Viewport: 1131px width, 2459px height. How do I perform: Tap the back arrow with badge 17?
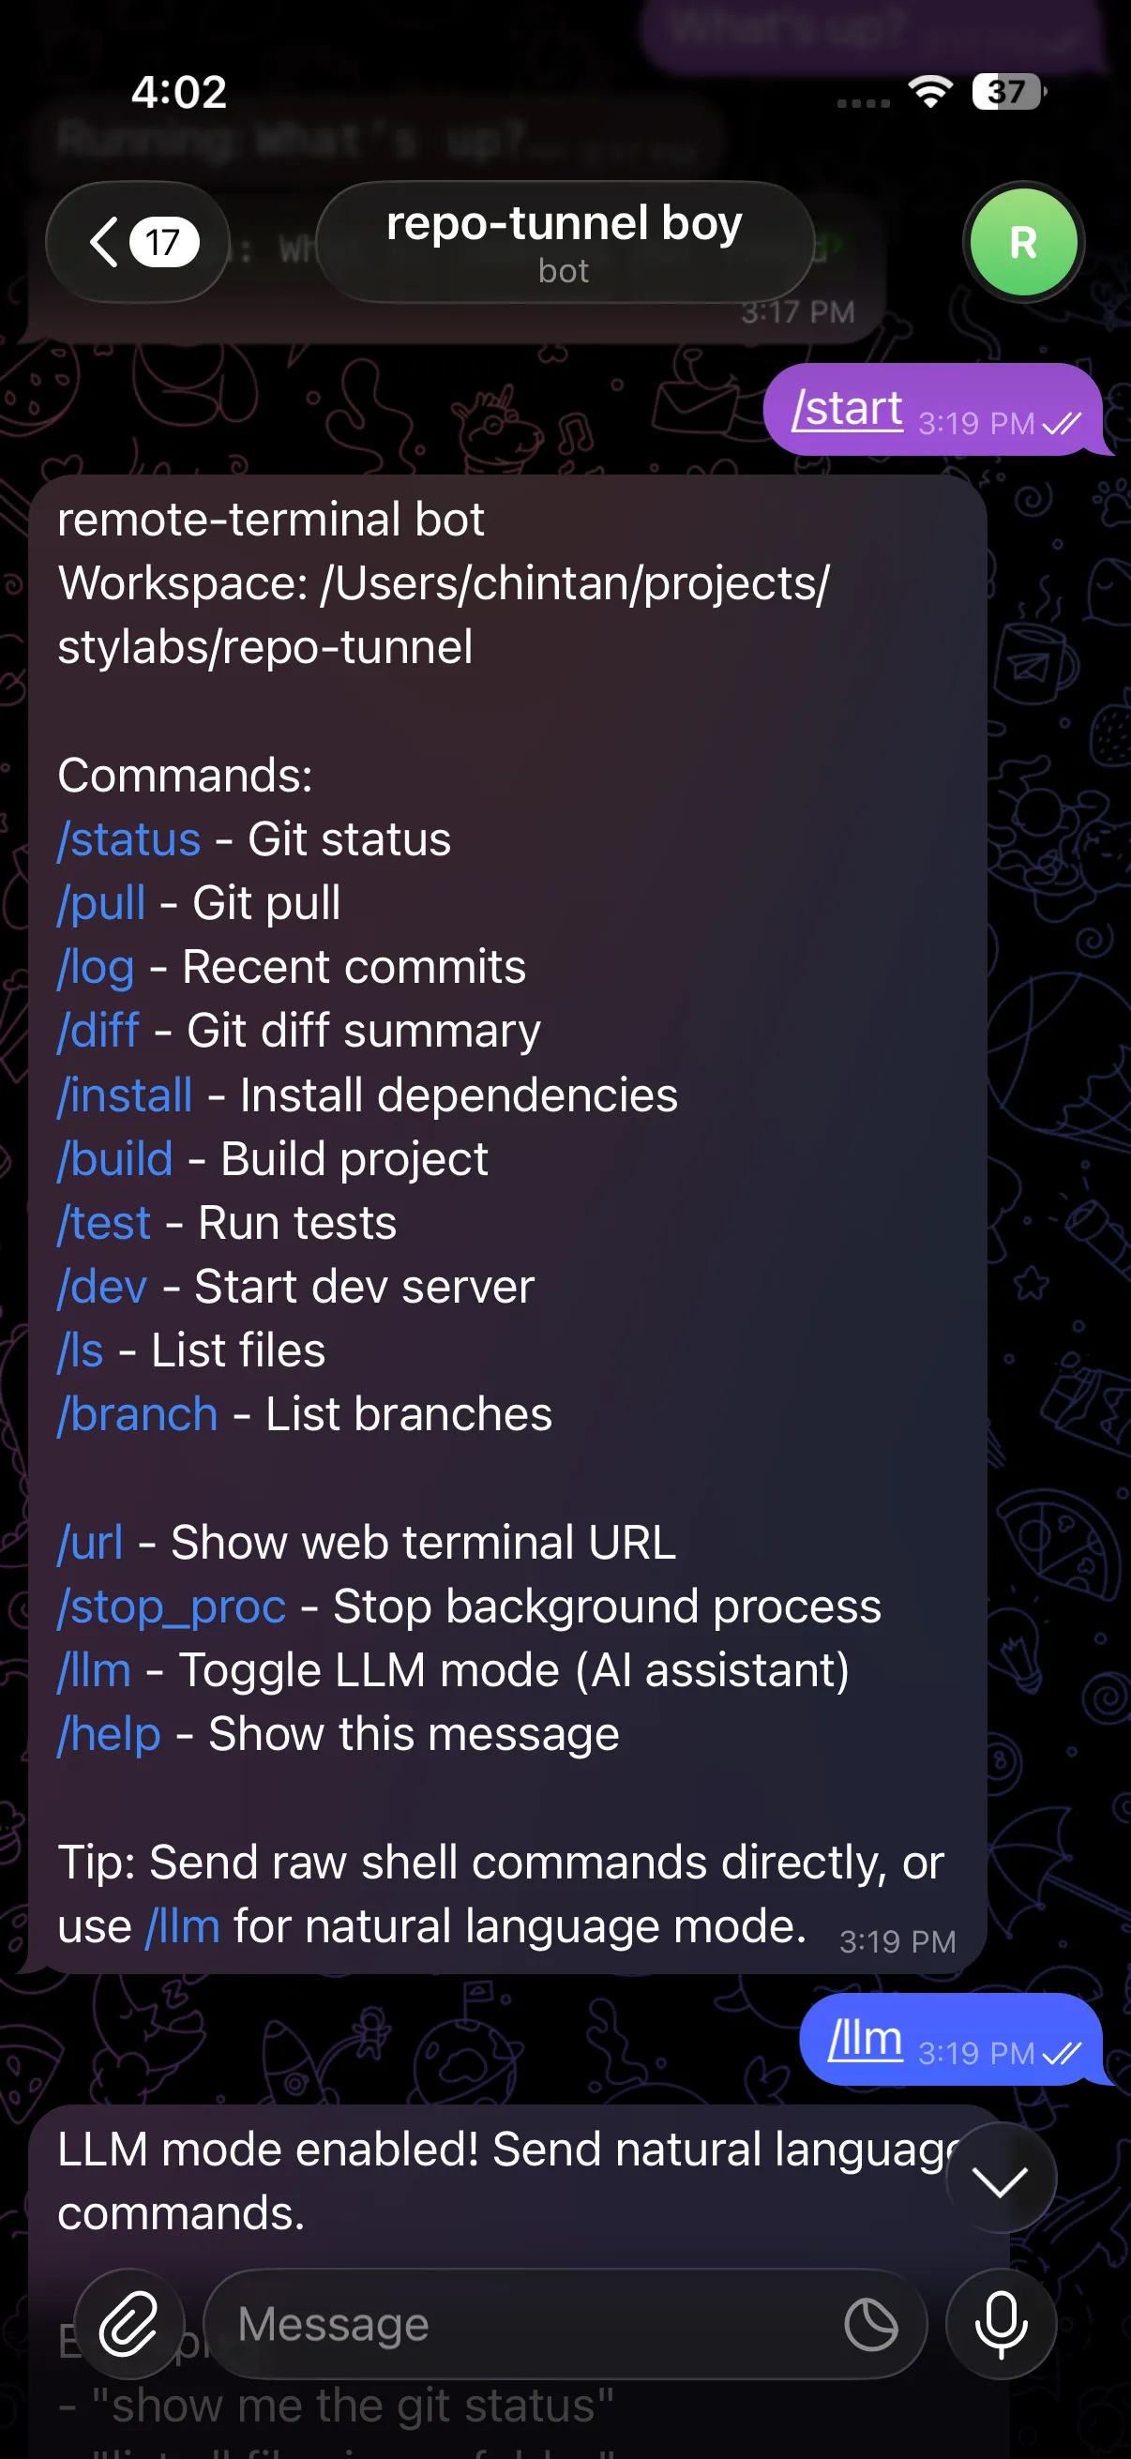pyautogui.click(x=138, y=243)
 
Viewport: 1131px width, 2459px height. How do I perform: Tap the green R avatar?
pyautogui.click(x=1022, y=243)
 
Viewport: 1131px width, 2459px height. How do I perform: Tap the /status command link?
pyautogui.click(x=128, y=840)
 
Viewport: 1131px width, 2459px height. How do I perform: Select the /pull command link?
pyautogui.click(x=101, y=904)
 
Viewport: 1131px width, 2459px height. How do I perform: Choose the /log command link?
pyautogui.click(x=96, y=968)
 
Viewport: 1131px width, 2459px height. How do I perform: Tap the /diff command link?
pyautogui.click(x=98, y=1031)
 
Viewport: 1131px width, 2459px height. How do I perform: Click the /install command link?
pyautogui.click(x=125, y=1095)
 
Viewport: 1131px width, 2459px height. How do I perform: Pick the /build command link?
pyautogui.click(x=115, y=1160)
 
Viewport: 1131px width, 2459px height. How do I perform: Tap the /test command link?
pyautogui.click(x=104, y=1224)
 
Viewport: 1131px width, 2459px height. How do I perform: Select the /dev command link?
pyautogui.click(x=102, y=1287)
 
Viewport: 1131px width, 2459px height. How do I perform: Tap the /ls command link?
pyautogui.click(x=80, y=1350)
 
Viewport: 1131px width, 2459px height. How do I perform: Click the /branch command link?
pyautogui.click(x=138, y=1414)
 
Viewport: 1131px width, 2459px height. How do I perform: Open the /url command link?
pyautogui.click(x=90, y=1543)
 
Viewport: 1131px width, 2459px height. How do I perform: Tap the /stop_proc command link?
pyautogui.click(x=172, y=1607)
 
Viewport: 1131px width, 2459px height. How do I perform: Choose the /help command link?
pyautogui.click(x=109, y=1734)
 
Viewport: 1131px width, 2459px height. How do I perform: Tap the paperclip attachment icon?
pyautogui.click(x=128, y=2323)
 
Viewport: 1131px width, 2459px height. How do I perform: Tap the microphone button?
pyautogui.click(x=1001, y=2323)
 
